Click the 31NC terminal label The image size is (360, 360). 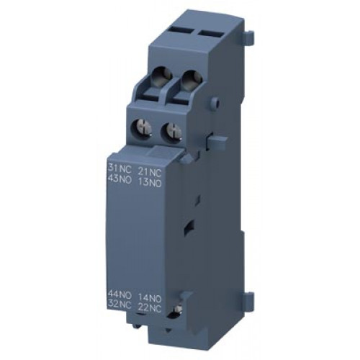(x=120, y=170)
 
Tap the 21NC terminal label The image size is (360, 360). (x=150, y=172)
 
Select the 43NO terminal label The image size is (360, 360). (x=120, y=180)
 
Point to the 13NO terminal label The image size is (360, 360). (x=150, y=183)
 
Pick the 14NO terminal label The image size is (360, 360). (x=150, y=298)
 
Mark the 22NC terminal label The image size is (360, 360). (x=150, y=309)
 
